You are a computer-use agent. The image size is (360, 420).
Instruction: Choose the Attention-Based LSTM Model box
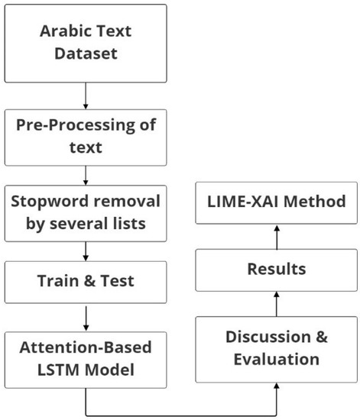[x=85, y=357]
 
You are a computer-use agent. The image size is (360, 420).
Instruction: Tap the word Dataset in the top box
[x=85, y=56]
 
